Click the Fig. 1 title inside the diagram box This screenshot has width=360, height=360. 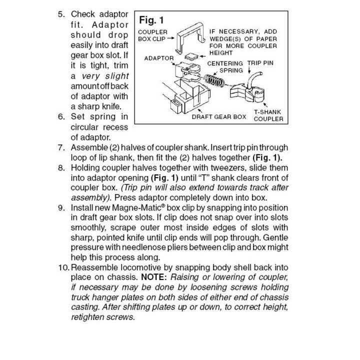[x=151, y=20]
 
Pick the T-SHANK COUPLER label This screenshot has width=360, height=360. [x=268, y=115]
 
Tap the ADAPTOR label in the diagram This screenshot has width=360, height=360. [x=158, y=58]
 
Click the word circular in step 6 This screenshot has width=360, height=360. [x=88, y=127]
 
